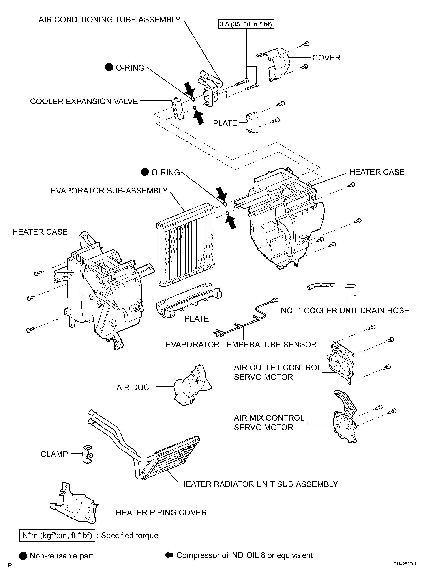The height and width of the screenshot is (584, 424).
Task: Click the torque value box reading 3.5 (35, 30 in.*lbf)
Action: [x=246, y=24]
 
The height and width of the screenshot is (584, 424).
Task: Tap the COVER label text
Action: [x=326, y=58]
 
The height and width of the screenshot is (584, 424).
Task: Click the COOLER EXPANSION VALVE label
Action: [x=84, y=101]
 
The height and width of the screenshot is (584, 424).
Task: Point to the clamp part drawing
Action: [x=87, y=454]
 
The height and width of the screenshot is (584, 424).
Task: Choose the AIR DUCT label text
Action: [x=135, y=387]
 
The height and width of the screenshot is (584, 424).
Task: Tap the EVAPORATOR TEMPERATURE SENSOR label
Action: [x=241, y=344]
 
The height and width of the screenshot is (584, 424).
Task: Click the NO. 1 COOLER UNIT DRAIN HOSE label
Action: [x=345, y=311]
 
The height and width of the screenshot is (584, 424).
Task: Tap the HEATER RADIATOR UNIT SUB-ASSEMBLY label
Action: [x=259, y=484]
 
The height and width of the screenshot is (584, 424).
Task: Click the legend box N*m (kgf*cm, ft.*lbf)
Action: [x=57, y=536]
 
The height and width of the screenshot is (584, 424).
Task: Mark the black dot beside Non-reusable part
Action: [x=23, y=556]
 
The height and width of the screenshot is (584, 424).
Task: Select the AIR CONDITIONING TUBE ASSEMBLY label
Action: [x=110, y=20]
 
